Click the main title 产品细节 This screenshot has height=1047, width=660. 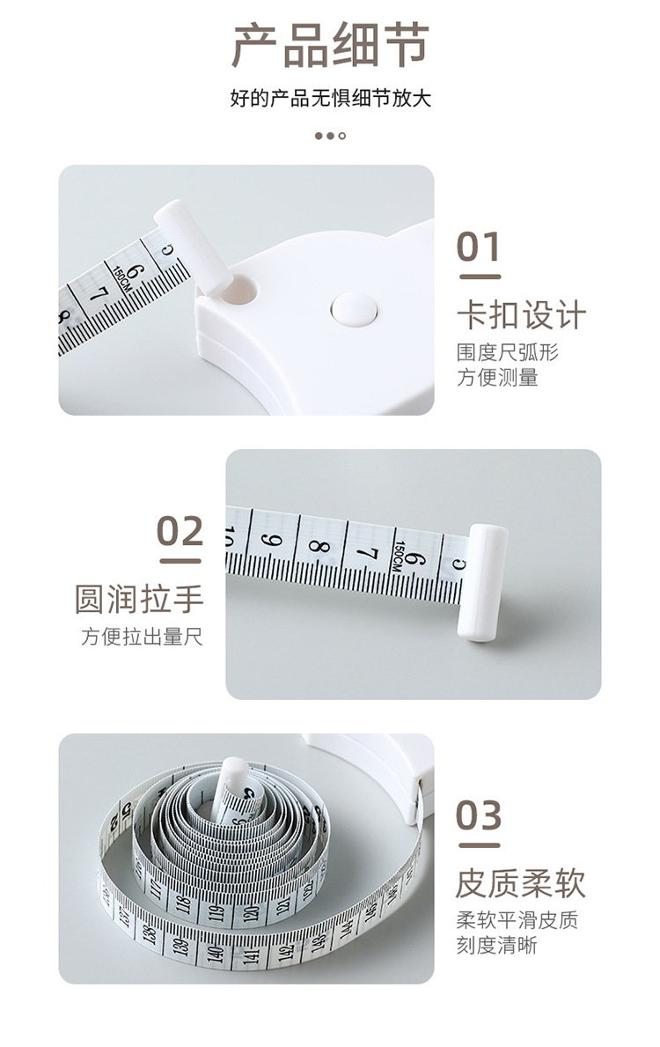330,46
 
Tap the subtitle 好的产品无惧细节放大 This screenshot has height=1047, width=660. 330,98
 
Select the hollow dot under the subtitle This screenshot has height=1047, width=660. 342,136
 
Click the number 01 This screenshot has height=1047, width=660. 478,247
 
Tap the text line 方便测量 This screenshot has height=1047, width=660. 497,378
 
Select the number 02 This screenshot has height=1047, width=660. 180,531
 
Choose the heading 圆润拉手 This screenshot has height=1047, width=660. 139,599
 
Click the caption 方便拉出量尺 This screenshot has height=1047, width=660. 142,637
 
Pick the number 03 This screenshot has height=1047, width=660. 478,815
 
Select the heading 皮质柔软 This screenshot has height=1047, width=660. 520,882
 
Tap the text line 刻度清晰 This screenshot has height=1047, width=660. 496,946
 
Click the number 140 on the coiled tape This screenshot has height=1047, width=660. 214,952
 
